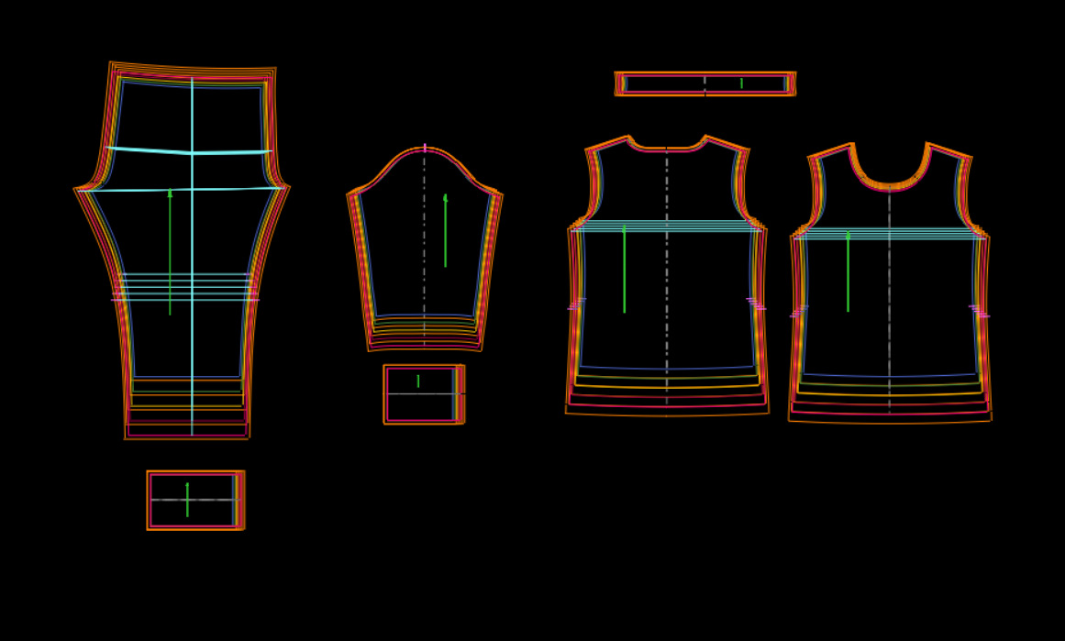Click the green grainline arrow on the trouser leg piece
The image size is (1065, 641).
[170, 252]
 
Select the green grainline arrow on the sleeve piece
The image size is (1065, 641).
[445, 231]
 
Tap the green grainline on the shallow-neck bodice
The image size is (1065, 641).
[624, 270]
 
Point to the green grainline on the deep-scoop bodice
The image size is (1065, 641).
[848, 272]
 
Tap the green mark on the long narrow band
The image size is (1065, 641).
[741, 83]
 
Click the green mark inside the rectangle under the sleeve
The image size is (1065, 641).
[418, 381]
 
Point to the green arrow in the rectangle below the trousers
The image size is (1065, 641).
[187, 500]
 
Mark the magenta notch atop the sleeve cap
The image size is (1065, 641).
[425, 148]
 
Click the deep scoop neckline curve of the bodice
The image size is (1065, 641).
[889, 186]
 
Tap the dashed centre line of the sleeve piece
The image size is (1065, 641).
[424, 275]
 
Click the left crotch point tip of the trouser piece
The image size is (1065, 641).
[77, 189]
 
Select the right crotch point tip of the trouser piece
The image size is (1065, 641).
[288, 187]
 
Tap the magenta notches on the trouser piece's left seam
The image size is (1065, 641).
[117, 299]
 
